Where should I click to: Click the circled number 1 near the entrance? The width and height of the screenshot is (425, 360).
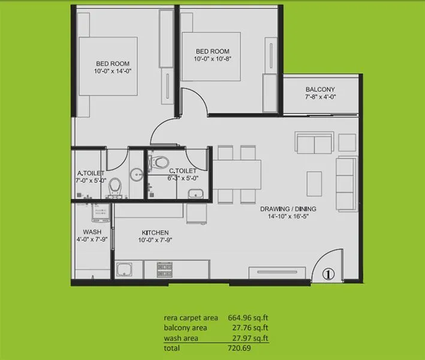click(x=328, y=274)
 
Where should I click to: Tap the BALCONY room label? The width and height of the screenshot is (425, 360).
click(x=320, y=89)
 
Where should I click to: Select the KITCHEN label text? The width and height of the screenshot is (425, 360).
click(x=155, y=233)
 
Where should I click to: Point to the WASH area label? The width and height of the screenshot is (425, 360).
click(x=92, y=232)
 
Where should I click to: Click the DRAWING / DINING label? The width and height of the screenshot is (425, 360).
click(x=288, y=209)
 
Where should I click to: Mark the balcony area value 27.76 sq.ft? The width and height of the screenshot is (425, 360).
click(x=248, y=328)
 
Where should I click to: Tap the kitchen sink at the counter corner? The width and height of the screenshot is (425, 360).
click(x=125, y=269)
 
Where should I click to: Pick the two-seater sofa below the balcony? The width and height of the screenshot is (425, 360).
click(x=314, y=144)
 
